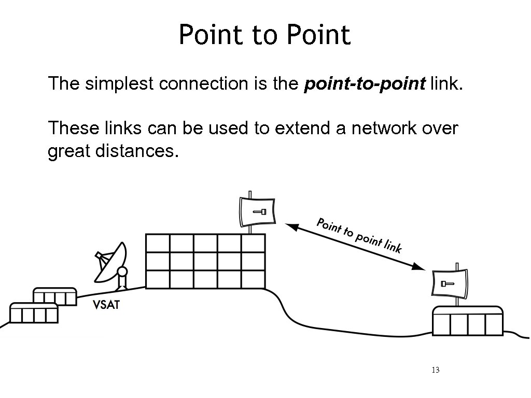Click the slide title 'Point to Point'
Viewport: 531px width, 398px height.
pos(264,35)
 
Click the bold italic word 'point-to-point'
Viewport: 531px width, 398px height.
pos(365,83)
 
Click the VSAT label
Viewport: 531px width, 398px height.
pos(106,305)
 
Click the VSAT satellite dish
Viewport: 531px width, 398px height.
pos(111,262)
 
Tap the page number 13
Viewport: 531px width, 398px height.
pos(435,370)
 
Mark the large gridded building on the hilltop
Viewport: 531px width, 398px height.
pos(205,261)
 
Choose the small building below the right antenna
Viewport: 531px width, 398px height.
pos(468,321)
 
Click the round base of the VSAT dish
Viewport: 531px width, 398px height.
pos(122,273)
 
